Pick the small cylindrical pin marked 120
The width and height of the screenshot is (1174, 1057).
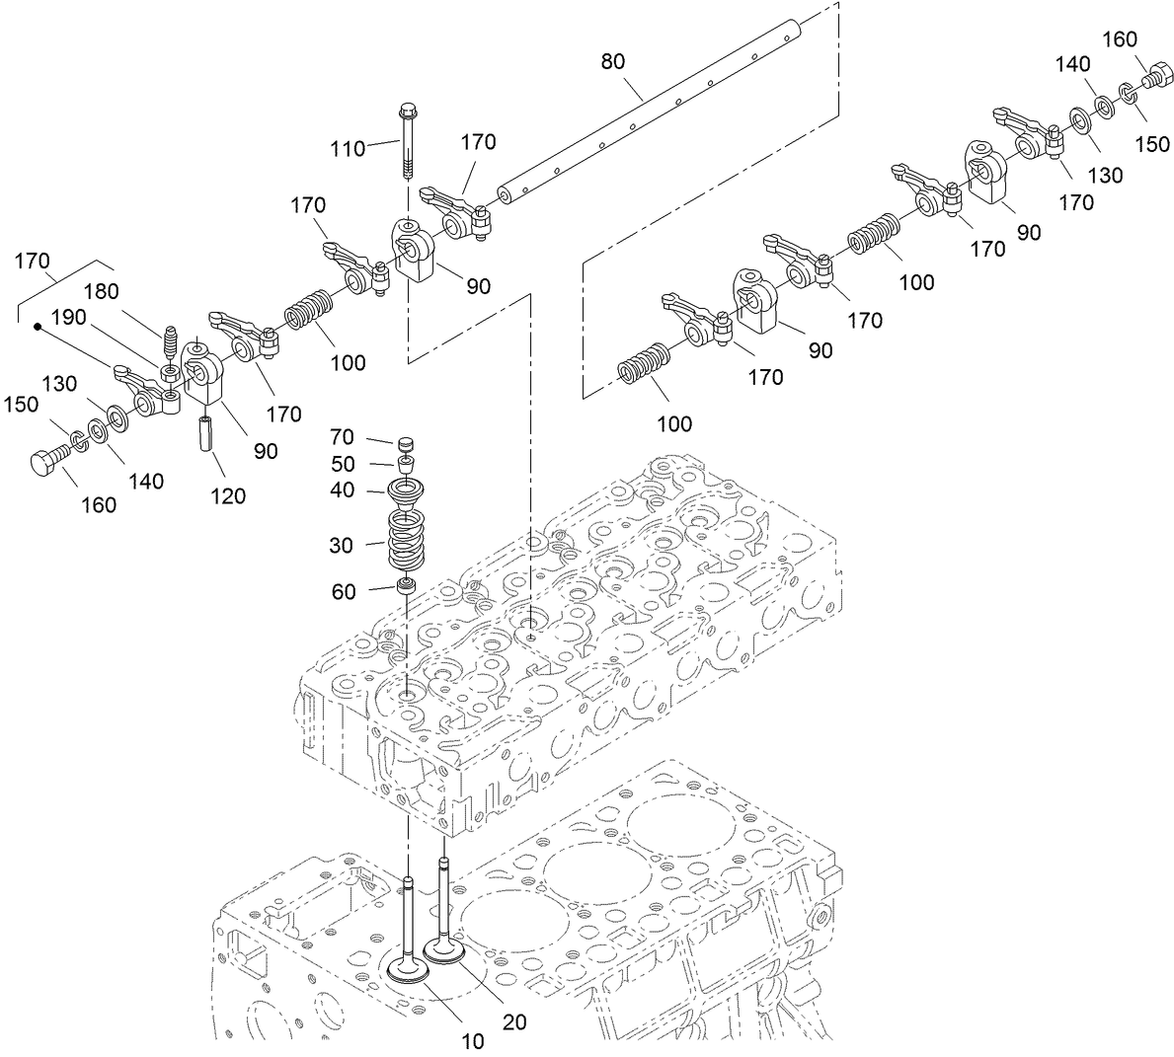coord(208,434)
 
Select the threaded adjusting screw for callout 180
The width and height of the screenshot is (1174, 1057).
coord(171,343)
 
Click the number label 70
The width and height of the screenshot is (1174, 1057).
coord(342,437)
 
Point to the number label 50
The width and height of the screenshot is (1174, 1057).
coord(342,463)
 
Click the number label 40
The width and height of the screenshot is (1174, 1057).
coord(342,490)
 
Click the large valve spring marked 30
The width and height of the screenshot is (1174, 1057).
coord(405,541)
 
